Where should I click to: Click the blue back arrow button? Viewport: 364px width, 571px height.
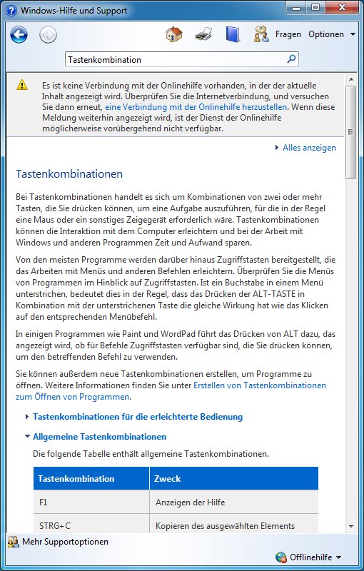click(19, 34)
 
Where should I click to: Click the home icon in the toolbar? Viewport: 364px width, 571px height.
click(173, 34)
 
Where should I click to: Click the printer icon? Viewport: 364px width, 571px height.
click(203, 34)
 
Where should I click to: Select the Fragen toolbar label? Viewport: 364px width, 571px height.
click(288, 34)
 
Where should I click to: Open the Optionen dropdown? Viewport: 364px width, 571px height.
click(330, 34)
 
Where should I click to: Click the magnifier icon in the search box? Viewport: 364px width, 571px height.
click(292, 59)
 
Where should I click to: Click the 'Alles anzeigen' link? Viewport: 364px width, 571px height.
click(309, 148)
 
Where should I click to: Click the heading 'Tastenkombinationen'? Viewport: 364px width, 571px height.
click(69, 173)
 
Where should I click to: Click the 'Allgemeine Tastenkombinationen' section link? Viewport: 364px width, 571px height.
click(99, 436)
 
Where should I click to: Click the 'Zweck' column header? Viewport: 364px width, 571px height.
click(168, 478)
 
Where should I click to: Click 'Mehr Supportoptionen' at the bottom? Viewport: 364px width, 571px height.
click(65, 542)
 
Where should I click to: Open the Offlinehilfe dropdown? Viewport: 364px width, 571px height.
click(315, 557)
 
